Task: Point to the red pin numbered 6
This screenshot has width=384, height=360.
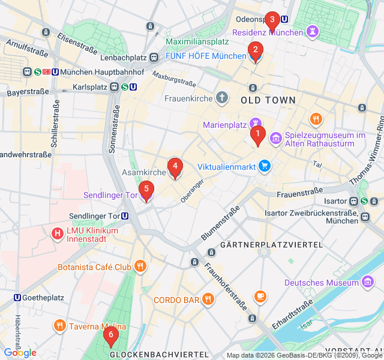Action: pos(110,337)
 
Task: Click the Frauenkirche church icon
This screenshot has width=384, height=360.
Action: pos(223,97)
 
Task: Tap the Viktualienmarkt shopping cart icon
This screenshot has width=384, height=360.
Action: pos(264,166)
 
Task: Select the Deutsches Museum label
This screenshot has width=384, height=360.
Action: pos(321,283)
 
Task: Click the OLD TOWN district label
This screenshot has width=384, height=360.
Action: pos(268,100)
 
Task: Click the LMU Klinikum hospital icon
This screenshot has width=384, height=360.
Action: pos(58,233)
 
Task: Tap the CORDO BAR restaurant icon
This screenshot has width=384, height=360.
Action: pos(208,299)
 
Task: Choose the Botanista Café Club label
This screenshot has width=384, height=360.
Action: pos(94,266)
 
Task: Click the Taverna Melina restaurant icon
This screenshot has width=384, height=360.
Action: pos(59,326)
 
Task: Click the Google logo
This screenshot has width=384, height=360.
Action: pos(20,353)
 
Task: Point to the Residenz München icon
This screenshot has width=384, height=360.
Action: pos(313,31)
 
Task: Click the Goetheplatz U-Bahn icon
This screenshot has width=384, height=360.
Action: pos(17,298)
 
